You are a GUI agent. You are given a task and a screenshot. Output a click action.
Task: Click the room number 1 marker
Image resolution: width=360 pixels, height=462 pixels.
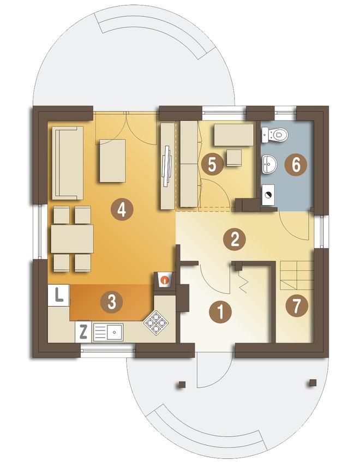point(220,312)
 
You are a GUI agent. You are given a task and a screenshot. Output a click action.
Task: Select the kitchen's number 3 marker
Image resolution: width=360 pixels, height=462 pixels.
point(111,302)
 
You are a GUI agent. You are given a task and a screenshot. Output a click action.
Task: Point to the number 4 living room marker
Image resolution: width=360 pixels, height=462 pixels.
point(122,209)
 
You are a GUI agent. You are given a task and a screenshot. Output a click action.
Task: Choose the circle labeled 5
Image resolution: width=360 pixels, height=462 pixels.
point(212,165)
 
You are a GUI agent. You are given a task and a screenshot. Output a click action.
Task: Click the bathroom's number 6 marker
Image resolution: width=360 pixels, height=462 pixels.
point(296,164)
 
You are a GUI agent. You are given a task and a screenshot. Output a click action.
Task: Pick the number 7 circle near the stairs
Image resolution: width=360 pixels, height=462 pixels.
point(297,306)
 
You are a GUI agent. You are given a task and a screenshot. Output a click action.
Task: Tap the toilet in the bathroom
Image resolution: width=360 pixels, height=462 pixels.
point(274,135)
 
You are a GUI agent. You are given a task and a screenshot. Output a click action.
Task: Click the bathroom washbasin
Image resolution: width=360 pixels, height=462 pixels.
point(269,164)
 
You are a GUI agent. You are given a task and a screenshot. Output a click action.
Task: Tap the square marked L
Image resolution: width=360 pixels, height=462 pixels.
point(59,295)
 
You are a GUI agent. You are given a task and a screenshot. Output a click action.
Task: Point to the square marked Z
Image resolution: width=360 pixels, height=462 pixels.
point(83,332)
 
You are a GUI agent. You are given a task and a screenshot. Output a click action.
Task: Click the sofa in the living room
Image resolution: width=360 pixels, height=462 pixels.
point(68,163)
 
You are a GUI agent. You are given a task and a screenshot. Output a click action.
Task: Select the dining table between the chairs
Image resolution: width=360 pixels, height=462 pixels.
point(72,239)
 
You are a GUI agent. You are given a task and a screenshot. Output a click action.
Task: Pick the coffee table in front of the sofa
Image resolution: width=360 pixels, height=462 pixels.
point(112,161)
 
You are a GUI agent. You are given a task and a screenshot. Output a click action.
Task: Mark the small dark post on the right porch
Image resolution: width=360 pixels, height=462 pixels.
point(313,383)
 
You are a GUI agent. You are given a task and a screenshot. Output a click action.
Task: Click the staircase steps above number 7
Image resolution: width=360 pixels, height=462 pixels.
point(296,275)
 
